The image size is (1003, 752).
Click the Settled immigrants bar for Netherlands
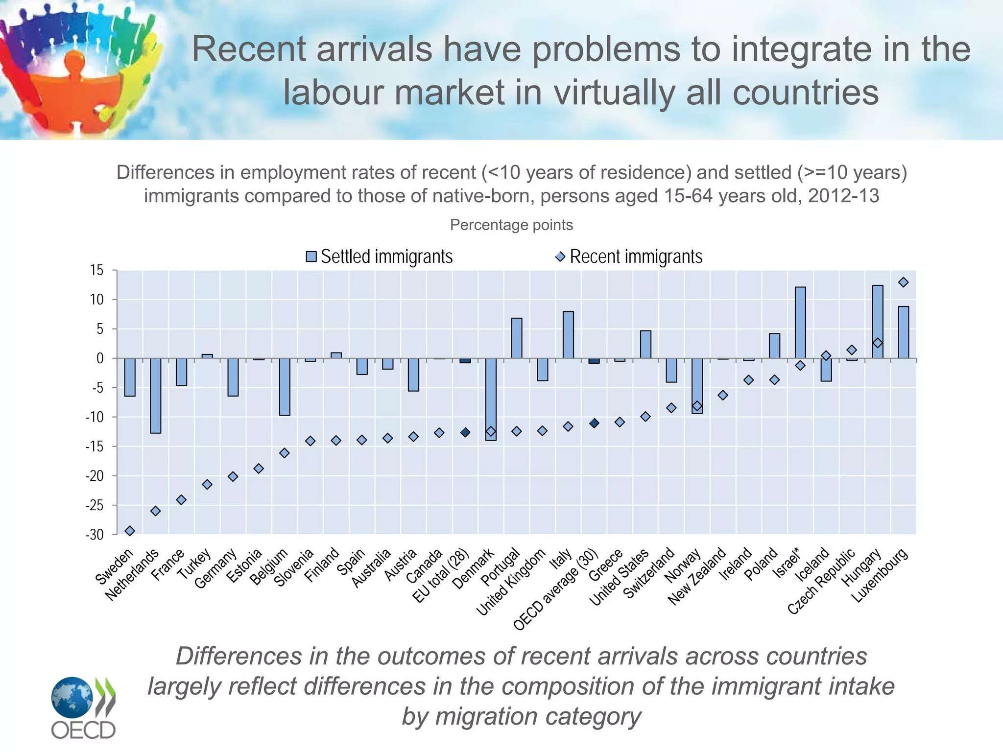pos(155,396)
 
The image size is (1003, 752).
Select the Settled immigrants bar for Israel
pos(800,323)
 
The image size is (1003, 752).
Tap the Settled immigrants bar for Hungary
pos(878,322)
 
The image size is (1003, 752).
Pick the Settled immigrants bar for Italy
pos(568,335)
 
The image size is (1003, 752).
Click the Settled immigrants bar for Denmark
pos(491,399)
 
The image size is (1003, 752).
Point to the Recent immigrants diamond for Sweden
pos(130,531)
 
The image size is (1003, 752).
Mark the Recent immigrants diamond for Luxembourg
pos(904,282)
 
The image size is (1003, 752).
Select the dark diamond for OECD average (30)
pos(594,423)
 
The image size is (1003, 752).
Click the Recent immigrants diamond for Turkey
pos(207,484)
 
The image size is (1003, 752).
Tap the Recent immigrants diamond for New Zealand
pos(723,395)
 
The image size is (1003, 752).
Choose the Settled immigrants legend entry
pos(380,257)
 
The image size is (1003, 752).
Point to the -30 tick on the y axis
pos(95,535)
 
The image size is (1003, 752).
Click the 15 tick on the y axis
pos(97,270)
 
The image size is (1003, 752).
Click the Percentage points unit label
pos(511,225)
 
